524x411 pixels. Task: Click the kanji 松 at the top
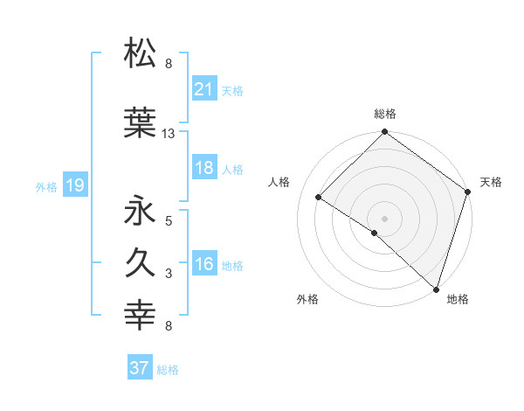point(141,53)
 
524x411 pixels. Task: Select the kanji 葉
point(141,124)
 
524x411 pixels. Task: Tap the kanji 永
point(141,211)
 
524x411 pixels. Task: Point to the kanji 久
point(141,263)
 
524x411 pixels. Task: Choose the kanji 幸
point(141,316)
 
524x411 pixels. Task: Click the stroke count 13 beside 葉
point(169,134)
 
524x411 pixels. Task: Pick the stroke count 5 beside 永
point(169,220)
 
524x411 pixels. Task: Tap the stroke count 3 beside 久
point(169,274)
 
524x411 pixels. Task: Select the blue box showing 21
point(204,89)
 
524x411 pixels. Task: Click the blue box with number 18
point(204,169)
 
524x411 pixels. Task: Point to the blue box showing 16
point(204,265)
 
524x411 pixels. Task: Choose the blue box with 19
point(74,185)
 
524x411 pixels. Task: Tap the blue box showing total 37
point(140,368)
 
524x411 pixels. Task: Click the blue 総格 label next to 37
point(168,370)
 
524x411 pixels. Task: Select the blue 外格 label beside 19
point(46,187)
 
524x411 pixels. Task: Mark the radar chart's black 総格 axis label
point(384,114)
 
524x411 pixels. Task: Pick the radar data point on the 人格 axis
point(318,198)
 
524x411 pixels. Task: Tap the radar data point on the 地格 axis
point(436,289)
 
